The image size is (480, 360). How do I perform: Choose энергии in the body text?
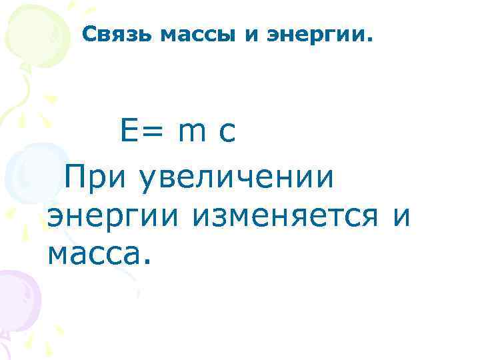pos(116,217)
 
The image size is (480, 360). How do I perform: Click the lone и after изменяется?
pos(402,217)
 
